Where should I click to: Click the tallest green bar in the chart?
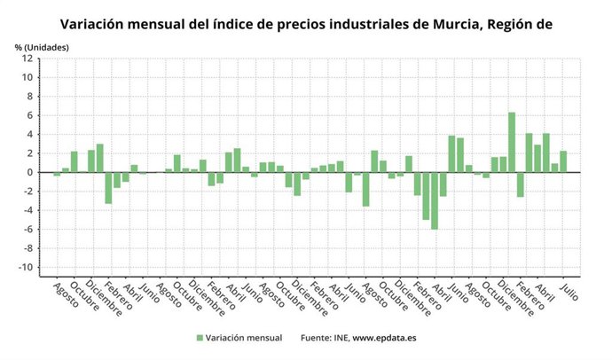pos(512,142)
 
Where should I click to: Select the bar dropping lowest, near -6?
pos(435,200)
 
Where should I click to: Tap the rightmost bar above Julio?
pos(563,161)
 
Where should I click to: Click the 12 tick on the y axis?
pos(28,59)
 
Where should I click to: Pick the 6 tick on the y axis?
pos(30,115)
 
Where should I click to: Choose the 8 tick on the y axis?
pos(30,97)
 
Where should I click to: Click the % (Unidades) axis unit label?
pos(41,45)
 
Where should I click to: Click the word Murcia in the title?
pos(453,23)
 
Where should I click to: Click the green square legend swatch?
pos(200,338)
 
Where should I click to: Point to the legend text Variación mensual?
pos(244,338)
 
